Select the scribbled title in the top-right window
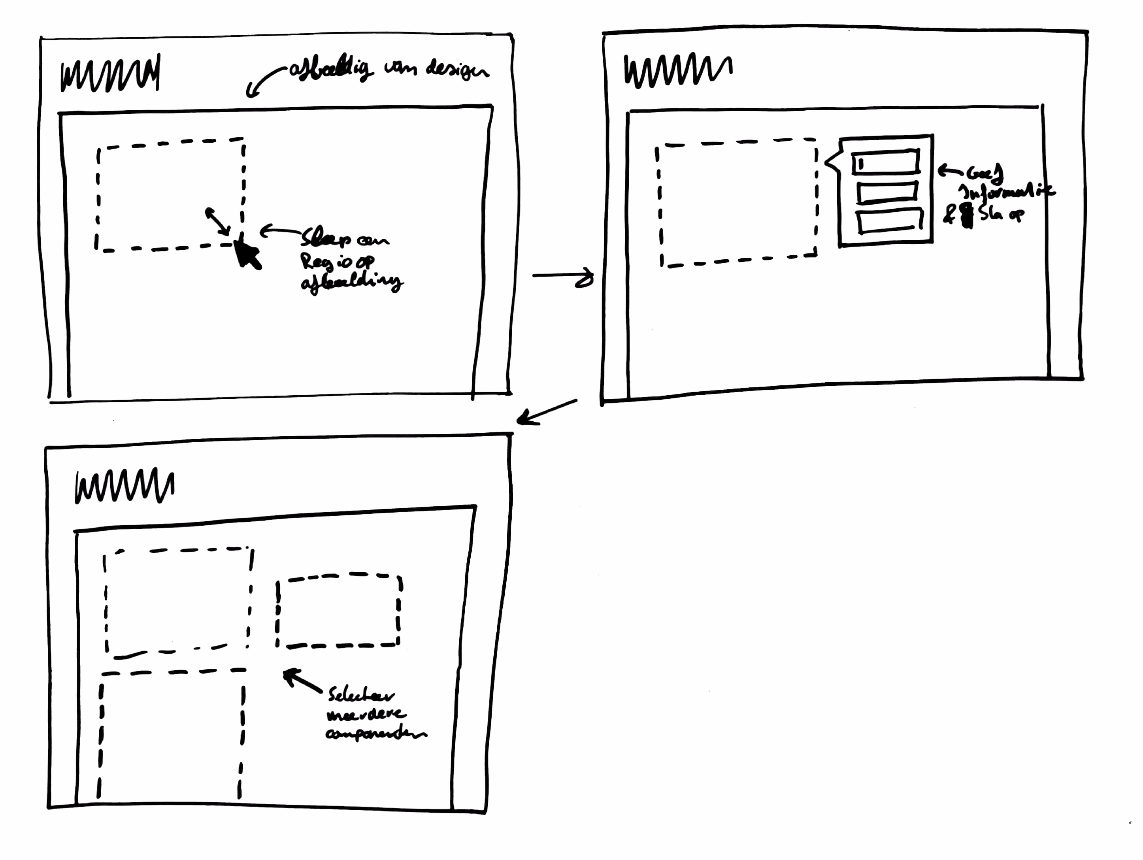pyautogui.click(x=677, y=70)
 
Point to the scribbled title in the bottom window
pyautogui.click(x=124, y=486)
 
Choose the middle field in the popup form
pyautogui.click(x=887, y=192)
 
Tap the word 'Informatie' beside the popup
pyautogui.click(x=1005, y=192)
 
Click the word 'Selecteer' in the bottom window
pyautogui.click(x=361, y=695)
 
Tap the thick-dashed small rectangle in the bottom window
pyautogui.click(x=338, y=610)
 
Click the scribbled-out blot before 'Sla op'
pyautogui.click(x=967, y=216)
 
